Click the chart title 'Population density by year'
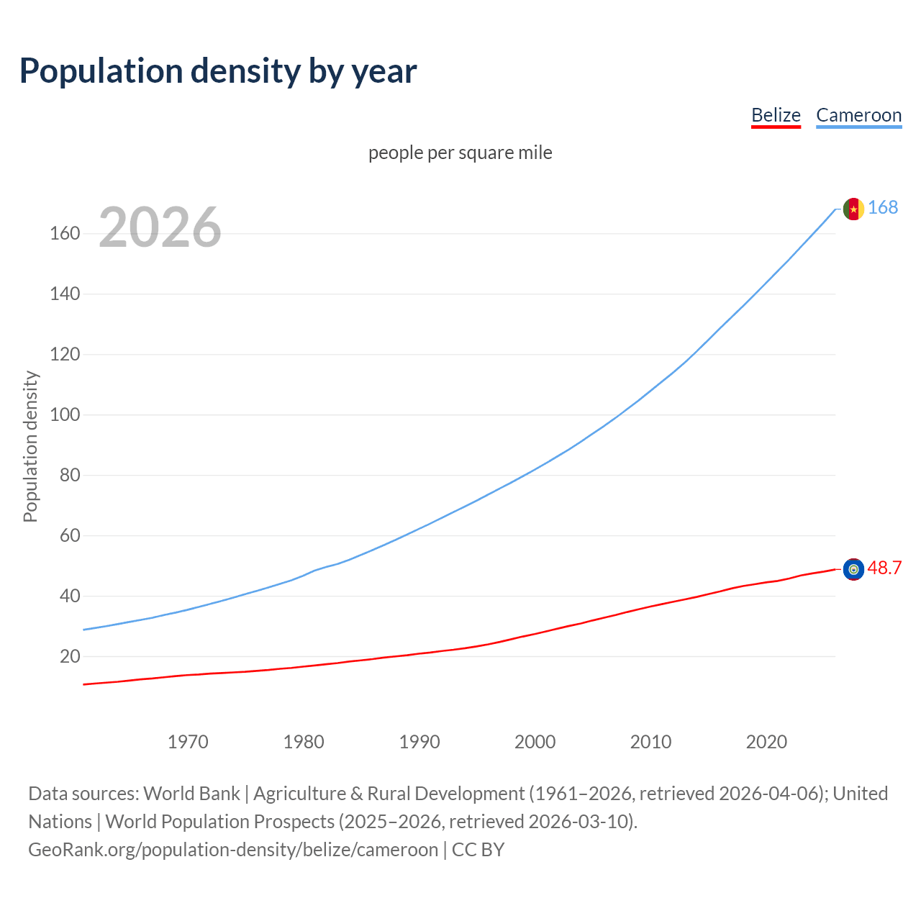(x=218, y=71)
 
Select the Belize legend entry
(x=776, y=115)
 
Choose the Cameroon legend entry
(x=858, y=115)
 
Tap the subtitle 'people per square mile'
(x=460, y=153)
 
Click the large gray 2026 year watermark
(x=160, y=227)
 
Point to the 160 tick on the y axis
(x=65, y=234)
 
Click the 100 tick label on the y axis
(x=65, y=415)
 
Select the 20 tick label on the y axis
(x=70, y=656)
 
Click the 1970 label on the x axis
(x=188, y=742)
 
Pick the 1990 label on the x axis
(x=419, y=742)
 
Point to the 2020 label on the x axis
(x=766, y=742)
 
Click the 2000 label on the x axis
(x=535, y=742)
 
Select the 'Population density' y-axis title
(x=30, y=446)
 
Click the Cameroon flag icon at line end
(x=853, y=209)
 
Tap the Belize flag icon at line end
(x=853, y=569)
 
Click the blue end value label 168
(x=883, y=208)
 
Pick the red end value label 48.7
(x=884, y=568)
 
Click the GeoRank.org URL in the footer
(x=233, y=850)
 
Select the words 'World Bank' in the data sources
(x=191, y=794)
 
